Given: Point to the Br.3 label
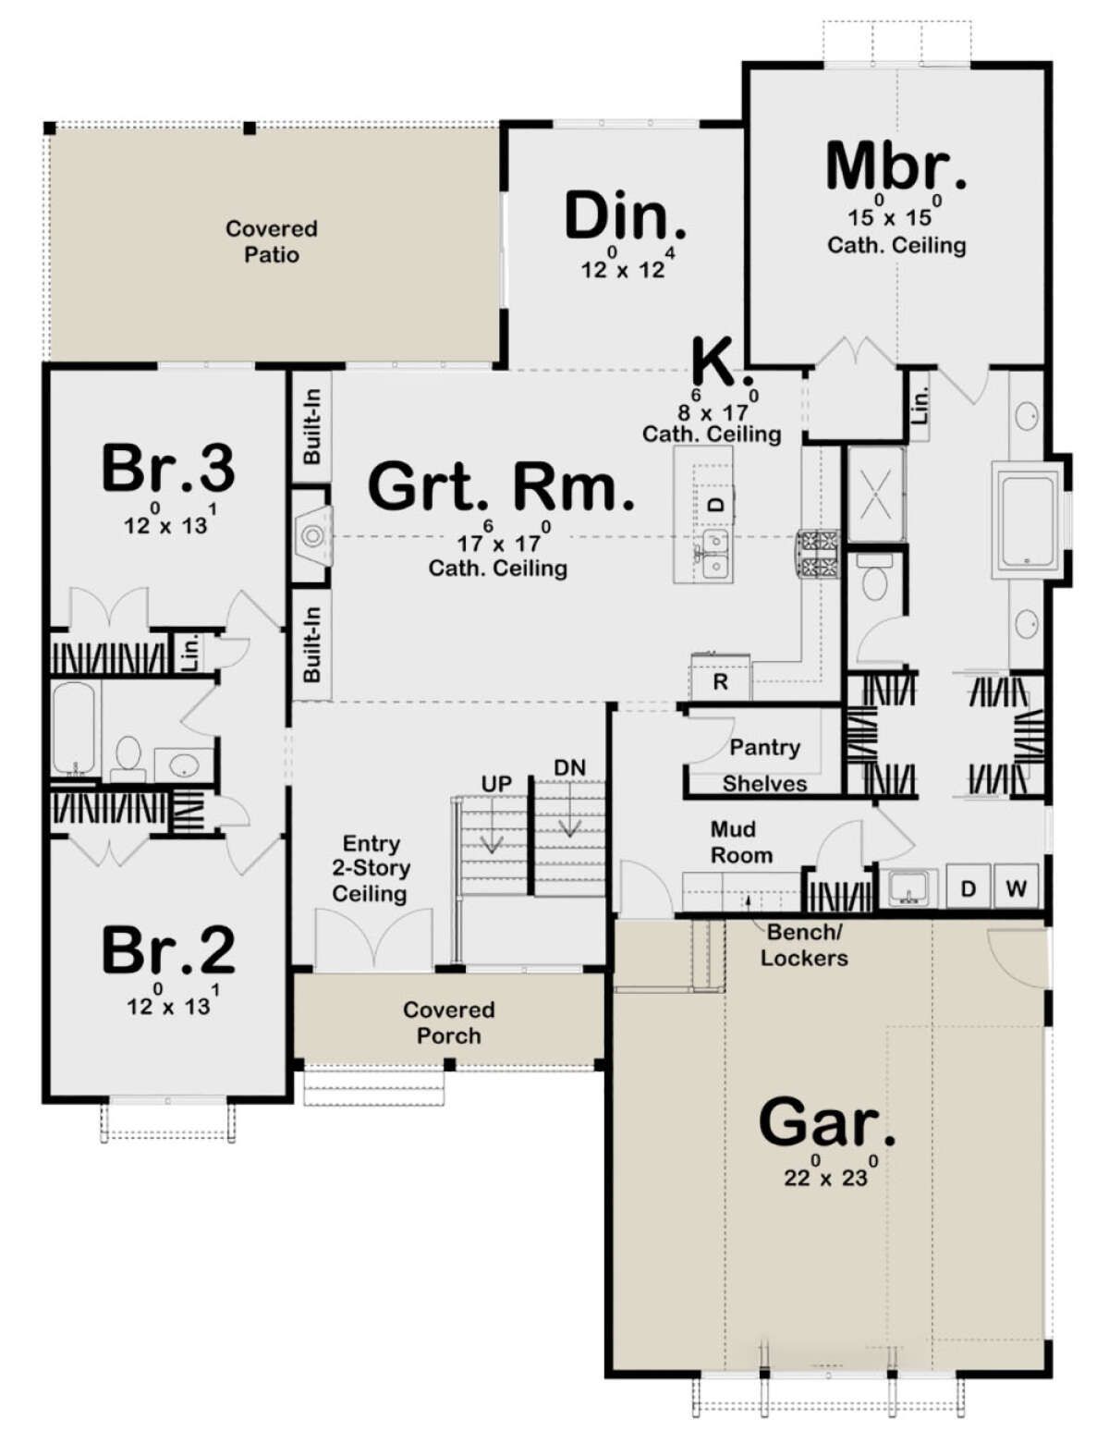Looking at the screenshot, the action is [168, 469].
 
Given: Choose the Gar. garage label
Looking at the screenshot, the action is [827, 1121].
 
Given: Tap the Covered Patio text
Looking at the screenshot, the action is [272, 242].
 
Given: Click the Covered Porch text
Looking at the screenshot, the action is [449, 1022].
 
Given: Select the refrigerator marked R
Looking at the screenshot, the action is [721, 677].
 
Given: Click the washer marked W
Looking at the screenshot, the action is [1016, 886].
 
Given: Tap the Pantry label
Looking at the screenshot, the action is [765, 748].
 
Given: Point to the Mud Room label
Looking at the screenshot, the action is [741, 842].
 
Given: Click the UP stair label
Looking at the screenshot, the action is [496, 784].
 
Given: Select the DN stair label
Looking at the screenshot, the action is [570, 767].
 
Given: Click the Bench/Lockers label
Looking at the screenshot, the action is [804, 944].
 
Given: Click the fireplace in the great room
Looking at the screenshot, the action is [312, 535].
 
